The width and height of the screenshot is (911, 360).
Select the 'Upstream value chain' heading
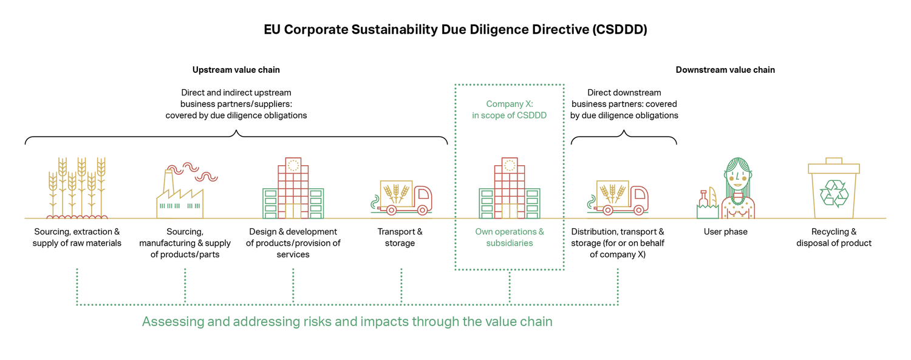pyautogui.click(x=236, y=70)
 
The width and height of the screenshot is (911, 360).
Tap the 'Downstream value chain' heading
pyautogui.click(x=725, y=70)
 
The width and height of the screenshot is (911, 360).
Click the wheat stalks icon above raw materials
pyautogui.click(x=77, y=187)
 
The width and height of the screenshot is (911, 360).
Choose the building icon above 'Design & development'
pyautogui.click(x=293, y=189)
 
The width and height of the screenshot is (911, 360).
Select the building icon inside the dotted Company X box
pyautogui.click(x=509, y=189)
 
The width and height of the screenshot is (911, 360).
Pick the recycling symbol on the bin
pyautogui.click(x=833, y=194)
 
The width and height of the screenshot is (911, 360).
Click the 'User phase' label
pyautogui.click(x=725, y=232)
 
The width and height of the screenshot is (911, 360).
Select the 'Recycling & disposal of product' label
pyautogui.click(x=833, y=237)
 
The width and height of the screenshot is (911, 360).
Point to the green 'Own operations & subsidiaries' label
pyautogui.click(x=509, y=237)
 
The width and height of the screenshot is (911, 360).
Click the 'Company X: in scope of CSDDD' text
pyautogui.click(x=509, y=109)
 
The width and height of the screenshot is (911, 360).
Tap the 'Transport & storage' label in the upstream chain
pyautogui.click(x=400, y=237)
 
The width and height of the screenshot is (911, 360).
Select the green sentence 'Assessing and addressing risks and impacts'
pyautogui.click(x=347, y=322)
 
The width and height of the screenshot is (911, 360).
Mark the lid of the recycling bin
pyautogui.click(x=833, y=166)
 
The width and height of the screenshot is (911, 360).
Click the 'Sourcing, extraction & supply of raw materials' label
pyautogui.click(x=77, y=237)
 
